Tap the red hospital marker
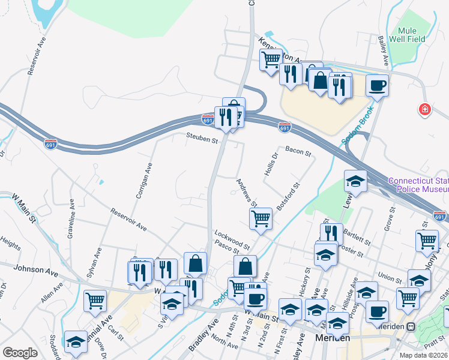point(425,109)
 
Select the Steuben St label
point(201,140)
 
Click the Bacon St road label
point(298,151)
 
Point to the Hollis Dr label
point(272,164)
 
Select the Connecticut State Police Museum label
point(418,185)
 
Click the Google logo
point(20,353)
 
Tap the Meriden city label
point(333,339)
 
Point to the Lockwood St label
point(232,238)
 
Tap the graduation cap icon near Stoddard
point(76,341)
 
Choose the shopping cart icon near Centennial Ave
point(95,301)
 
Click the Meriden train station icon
point(411,326)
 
